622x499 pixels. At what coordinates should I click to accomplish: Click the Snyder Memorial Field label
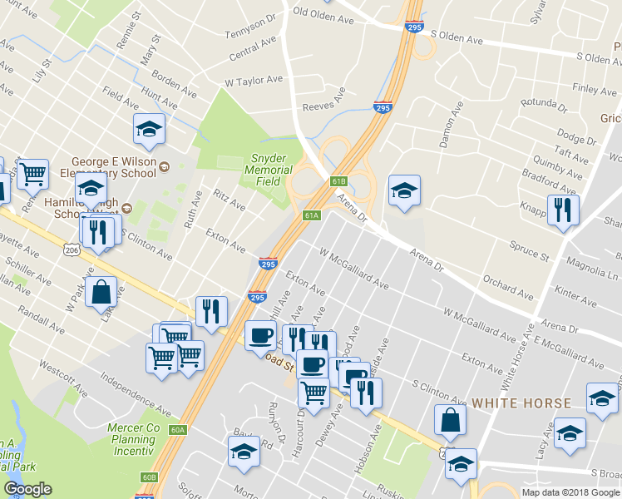click(268, 170)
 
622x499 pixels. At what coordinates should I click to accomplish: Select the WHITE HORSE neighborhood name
click(521, 403)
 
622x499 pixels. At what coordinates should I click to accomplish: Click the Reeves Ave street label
click(323, 101)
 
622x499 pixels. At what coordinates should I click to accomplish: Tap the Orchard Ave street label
click(507, 286)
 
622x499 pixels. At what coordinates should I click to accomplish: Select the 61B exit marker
click(338, 180)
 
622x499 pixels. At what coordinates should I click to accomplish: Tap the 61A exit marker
click(311, 215)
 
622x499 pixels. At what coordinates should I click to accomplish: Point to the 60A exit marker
click(177, 430)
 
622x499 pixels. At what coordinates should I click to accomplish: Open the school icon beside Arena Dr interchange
click(404, 190)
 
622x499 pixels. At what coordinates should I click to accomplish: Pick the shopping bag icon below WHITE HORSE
click(449, 420)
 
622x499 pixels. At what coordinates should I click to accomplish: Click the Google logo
click(27, 489)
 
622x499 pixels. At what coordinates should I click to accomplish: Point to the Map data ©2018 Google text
click(570, 492)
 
